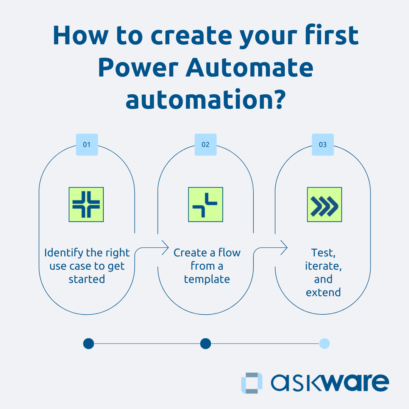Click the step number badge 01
pyautogui.click(x=87, y=145)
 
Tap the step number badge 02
pyautogui.click(x=205, y=145)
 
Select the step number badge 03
pyautogui.click(x=323, y=145)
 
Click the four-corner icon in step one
pyautogui.click(x=86, y=204)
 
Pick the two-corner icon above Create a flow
pyautogui.click(x=205, y=204)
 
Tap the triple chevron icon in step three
pyautogui.click(x=324, y=204)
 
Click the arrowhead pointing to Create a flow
pyautogui.click(x=165, y=248)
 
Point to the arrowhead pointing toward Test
pyautogui.click(x=284, y=248)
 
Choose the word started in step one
pyautogui.click(x=87, y=279)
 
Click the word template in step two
pyautogui.click(x=207, y=279)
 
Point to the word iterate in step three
pyautogui.click(x=323, y=266)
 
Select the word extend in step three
pyautogui.click(x=323, y=292)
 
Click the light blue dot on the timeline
pyautogui.click(x=325, y=343)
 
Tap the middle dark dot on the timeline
pyautogui.click(x=205, y=343)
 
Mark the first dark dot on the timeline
pyautogui.click(x=88, y=343)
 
